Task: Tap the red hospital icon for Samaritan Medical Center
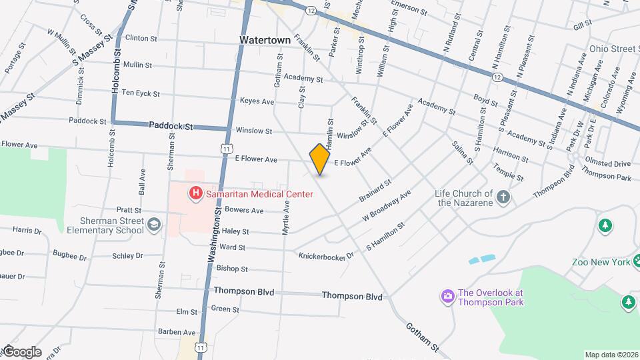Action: coord(196,193)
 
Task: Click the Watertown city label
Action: coord(265,40)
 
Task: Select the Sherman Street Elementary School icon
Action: coord(155,225)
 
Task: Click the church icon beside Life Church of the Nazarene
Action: coord(503,197)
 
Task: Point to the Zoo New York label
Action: coord(601,262)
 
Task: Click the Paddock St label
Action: coord(171,125)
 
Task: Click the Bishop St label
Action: coord(232,269)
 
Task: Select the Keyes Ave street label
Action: coord(257,101)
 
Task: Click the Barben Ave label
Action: coord(177,332)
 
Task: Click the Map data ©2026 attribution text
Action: coord(611,355)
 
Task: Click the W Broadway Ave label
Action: coord(387,206)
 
